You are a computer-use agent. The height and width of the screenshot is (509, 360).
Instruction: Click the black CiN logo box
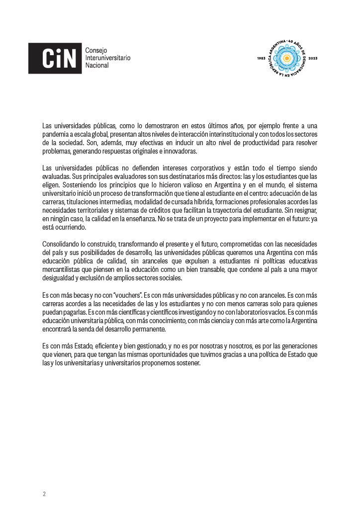[55, 58]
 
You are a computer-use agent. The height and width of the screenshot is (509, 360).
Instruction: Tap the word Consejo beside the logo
[96, 50]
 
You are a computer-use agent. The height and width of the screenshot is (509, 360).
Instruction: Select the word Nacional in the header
[97, 66]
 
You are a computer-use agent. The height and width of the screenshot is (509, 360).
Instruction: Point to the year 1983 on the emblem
[262, 59]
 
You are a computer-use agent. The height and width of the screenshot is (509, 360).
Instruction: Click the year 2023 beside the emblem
[313, 59]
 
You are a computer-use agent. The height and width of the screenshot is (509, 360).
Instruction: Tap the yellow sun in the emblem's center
[287, 59]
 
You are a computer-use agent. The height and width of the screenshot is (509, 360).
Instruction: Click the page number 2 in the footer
[44, 494]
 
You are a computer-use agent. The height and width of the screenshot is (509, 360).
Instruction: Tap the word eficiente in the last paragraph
[101, 345]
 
